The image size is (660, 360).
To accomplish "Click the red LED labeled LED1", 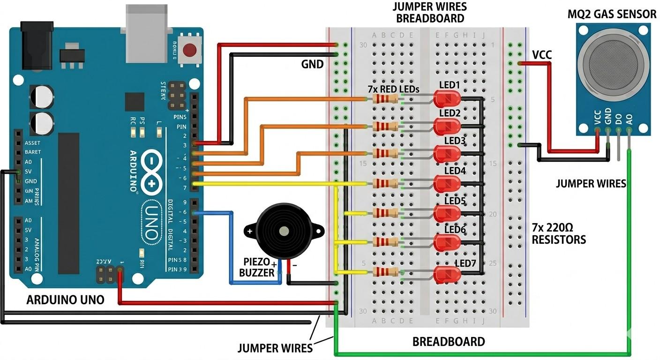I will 446,99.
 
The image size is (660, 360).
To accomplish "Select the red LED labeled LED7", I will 446,274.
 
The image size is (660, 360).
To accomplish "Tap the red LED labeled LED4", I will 446,184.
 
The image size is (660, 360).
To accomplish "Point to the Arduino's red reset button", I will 190,50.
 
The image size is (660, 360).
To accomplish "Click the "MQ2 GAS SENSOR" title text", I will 612,14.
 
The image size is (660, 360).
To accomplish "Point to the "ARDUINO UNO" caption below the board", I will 65,300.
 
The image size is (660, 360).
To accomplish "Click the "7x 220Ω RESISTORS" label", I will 559,234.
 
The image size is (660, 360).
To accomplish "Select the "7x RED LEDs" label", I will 393,89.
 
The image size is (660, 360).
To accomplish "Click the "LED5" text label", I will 455,201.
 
